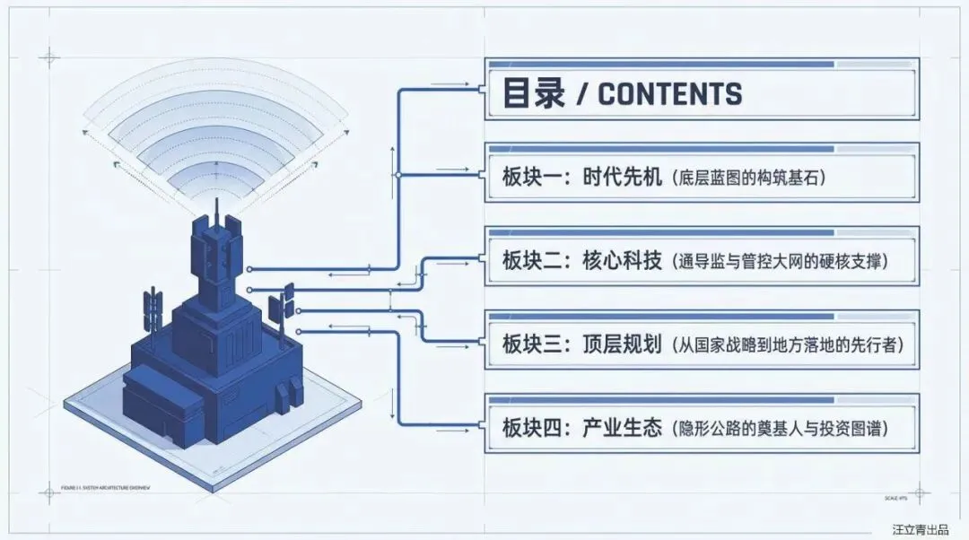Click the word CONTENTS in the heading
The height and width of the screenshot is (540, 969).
click(x=670, y=93)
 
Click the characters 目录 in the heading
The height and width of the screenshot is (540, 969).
click(x=533, y=93)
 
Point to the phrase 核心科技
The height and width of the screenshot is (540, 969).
click(x=620, y=261)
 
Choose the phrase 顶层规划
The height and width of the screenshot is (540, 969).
click(x=620, y=344)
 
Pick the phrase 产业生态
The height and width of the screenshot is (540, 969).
click(x=620, y=427)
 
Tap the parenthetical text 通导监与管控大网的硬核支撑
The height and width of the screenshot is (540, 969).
click(x=781, y=262)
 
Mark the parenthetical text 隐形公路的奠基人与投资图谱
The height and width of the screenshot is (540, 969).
click(x=781, y=428)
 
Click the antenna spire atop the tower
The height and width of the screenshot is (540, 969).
click(x=216, y=211)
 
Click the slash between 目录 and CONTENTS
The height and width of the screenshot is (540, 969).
click(x=581, y=94)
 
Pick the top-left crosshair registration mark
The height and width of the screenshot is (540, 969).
click(x=48, y=58)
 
